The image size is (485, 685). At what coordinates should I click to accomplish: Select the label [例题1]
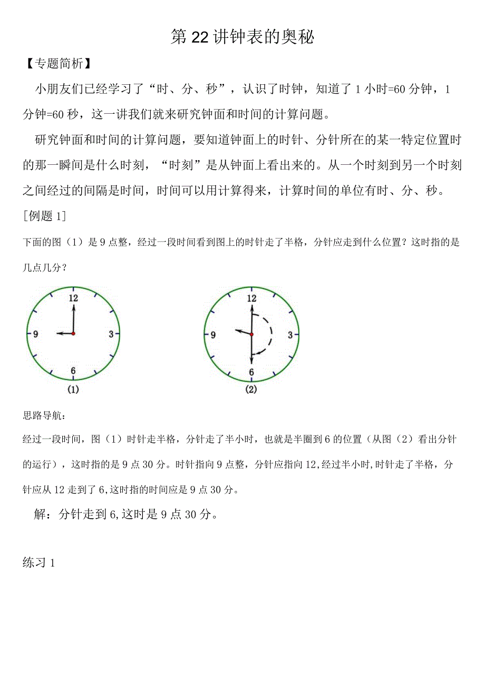44,216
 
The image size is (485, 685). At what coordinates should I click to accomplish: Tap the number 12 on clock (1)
73,298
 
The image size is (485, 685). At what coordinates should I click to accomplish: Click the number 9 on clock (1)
35,334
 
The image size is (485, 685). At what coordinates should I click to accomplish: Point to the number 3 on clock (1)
111,334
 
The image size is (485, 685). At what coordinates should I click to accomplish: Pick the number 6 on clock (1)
73,371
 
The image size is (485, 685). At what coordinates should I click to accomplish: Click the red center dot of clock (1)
73,334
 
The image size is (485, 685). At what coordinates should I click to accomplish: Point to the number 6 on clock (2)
251,372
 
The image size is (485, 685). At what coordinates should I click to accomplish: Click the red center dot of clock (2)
251,334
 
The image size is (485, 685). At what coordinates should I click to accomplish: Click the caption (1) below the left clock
73,390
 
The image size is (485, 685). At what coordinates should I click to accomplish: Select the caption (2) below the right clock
251,390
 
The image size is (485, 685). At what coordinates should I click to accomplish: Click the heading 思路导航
45,416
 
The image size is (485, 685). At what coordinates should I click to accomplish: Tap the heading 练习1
40,562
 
